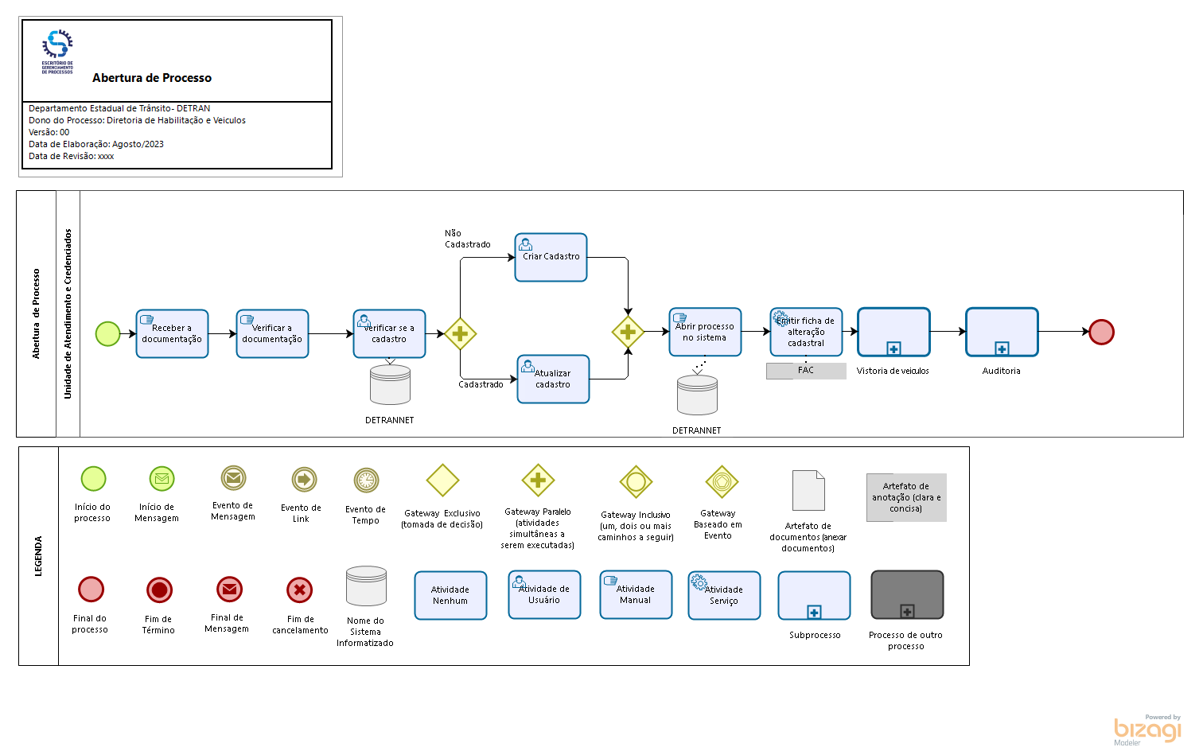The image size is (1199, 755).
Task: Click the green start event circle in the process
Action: coord(107,334)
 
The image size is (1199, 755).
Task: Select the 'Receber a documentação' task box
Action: coord(172,334)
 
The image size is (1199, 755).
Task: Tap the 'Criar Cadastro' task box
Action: coord(551,258)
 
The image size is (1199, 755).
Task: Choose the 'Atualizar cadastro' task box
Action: coord(553,379)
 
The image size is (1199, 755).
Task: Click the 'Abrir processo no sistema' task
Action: coord(705,333)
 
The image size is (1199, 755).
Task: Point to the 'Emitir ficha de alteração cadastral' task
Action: coord(806,333)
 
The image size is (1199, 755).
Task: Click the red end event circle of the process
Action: coord(1101,332)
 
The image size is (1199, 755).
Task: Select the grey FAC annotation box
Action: coord(806,371)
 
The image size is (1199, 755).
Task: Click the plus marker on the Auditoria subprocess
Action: coord(1002,348)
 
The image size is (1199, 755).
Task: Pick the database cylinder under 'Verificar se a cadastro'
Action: coord(390,385)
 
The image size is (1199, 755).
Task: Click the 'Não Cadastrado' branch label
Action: coord(467,239)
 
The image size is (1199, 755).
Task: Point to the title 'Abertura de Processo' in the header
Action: coord(152,78)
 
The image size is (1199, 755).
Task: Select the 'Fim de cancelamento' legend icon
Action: coord(299,590)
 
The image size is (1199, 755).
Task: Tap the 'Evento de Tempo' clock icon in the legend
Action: coord(366,481)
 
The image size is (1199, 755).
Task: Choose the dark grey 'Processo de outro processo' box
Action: coord(907,595)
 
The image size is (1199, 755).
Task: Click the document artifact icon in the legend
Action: coord(808,490)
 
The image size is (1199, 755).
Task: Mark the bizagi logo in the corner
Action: coord(1147,730)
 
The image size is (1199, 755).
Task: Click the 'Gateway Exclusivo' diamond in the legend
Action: coord(442,481)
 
